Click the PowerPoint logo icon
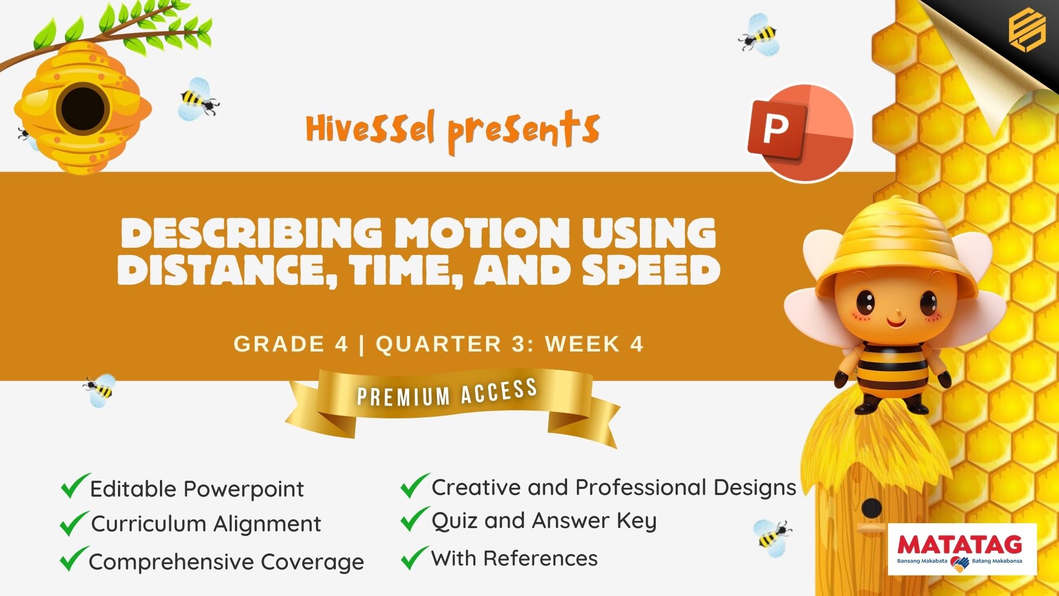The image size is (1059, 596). [x=800, y=132]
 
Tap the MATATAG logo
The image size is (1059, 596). [x=962, y=550]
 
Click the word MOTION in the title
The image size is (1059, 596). [x=483, y=233]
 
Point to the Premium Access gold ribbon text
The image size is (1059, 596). [x=447, y=393]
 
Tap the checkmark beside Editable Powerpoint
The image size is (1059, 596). [x=75, y=486]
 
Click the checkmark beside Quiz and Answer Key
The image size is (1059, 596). [x=415, y=519]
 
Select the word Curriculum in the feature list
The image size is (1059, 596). [x=149, y=524]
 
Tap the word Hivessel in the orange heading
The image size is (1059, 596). [x=371, y=129]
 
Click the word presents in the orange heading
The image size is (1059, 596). [x=523, y=132]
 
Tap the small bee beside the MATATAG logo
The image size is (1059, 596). [x=772, y=534]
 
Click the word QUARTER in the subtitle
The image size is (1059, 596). [x=439, y=344]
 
